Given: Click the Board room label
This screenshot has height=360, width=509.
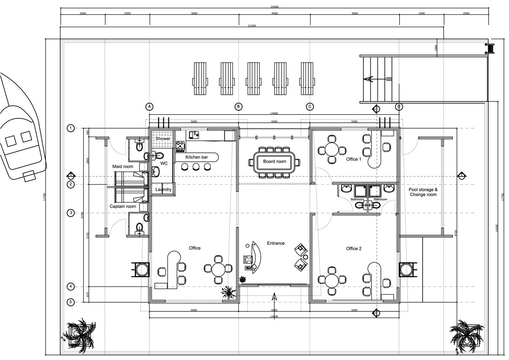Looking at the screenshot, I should [275, 162].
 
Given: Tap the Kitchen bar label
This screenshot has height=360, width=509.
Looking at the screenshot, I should [197, 157].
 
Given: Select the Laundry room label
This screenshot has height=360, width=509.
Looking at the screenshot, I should [163, 190].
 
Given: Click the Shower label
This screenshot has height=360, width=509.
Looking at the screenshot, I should [163, 139].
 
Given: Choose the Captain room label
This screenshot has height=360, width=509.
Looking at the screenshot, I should [123, 207].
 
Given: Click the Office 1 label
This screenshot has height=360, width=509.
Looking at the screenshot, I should [353, 159].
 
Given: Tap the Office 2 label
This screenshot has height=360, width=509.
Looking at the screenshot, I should [353, 249].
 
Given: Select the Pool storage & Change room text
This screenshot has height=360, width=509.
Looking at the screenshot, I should [422, 192].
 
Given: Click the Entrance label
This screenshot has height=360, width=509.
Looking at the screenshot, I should [275, 244].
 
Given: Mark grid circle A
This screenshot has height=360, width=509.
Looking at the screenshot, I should [149, 106].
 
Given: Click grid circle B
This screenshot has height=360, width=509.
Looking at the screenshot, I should [239, 106].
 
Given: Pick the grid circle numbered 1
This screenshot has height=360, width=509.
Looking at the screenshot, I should [71, 128].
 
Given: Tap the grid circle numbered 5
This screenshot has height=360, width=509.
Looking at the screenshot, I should [71, 302].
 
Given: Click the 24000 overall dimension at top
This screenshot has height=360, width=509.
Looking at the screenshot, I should [274, 7].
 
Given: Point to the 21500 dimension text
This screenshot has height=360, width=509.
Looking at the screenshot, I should [252, 26].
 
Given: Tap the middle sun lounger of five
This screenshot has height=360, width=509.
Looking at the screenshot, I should [253, 79].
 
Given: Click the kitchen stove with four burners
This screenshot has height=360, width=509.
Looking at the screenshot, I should [181, 146].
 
